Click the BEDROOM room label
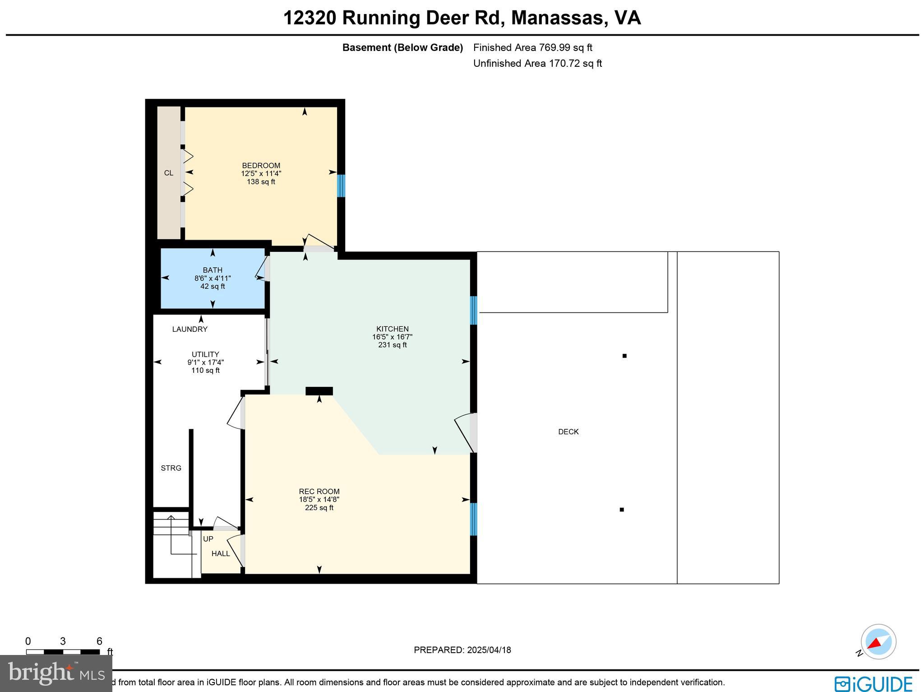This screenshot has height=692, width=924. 261,165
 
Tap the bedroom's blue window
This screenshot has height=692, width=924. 341,186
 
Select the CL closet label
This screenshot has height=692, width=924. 168,173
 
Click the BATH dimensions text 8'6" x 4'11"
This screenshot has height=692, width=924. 213,279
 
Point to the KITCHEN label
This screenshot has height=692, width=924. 393,329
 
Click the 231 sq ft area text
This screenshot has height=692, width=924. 393,345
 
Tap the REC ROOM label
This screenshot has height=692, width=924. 319,492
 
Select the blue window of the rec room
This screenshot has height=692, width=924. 473,519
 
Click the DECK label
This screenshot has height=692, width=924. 568,432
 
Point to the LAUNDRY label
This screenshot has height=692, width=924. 189,330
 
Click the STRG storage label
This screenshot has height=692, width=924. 171,468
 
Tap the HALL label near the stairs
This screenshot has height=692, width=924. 221,554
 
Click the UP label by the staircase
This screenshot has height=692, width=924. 208,539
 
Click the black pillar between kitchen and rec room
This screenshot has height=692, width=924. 319,391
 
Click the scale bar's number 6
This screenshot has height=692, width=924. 99,641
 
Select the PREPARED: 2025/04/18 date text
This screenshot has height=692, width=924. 462,650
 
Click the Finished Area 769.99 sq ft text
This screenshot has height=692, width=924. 532,47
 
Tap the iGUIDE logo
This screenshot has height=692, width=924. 873,683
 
